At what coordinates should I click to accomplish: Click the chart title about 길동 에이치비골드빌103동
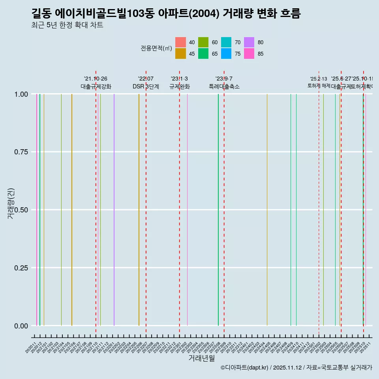click(x=166, y=14)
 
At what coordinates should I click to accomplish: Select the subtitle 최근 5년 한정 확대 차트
click(x=67, y=25)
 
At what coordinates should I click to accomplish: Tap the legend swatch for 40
click(x=180, y=42)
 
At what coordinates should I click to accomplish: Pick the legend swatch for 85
click(x=249, y=54)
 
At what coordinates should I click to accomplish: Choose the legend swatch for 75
click(x=226, y=54)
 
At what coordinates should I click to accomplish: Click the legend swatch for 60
click(x=203, y=42)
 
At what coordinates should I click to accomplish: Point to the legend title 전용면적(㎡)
click(x=156, y=48)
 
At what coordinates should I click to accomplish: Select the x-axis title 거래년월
click(x=201, y=358)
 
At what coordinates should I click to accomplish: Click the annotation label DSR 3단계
click(x=146, y=86)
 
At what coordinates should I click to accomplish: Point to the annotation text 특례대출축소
click(x=224, y=86)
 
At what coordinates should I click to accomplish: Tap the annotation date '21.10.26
click(x=96, y=79)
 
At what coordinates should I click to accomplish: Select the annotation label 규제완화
click(x=180, y=86)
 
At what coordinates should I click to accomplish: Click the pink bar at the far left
click(x=37, y=209)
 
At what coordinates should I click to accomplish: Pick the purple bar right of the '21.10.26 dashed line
click(x=114, y=209)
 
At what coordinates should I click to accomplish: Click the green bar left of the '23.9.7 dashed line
click(x=218, y=209)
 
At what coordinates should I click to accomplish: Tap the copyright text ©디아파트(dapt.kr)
click(x=245, y=368)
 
